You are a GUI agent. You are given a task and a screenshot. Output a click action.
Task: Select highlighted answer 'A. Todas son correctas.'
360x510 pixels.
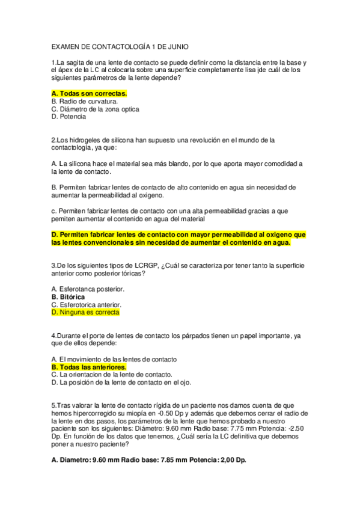(89, 94)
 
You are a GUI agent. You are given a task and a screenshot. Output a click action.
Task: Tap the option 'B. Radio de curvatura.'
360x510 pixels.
(85, 102)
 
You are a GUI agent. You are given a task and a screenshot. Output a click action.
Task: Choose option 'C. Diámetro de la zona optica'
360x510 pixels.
(96, 109)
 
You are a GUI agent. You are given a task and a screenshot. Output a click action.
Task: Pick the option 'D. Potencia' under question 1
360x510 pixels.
(69, 117)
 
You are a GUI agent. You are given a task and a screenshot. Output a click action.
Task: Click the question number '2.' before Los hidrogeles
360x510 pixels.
(55, 140)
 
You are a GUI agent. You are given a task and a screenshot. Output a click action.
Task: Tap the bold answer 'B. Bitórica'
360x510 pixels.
(68, 297)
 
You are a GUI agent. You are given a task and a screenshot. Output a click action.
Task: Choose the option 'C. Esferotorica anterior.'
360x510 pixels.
(87, 305)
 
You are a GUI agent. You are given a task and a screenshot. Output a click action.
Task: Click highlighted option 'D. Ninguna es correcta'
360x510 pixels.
(85, 313)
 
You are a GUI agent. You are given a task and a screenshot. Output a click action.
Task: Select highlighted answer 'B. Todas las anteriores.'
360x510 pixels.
(89, 367)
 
